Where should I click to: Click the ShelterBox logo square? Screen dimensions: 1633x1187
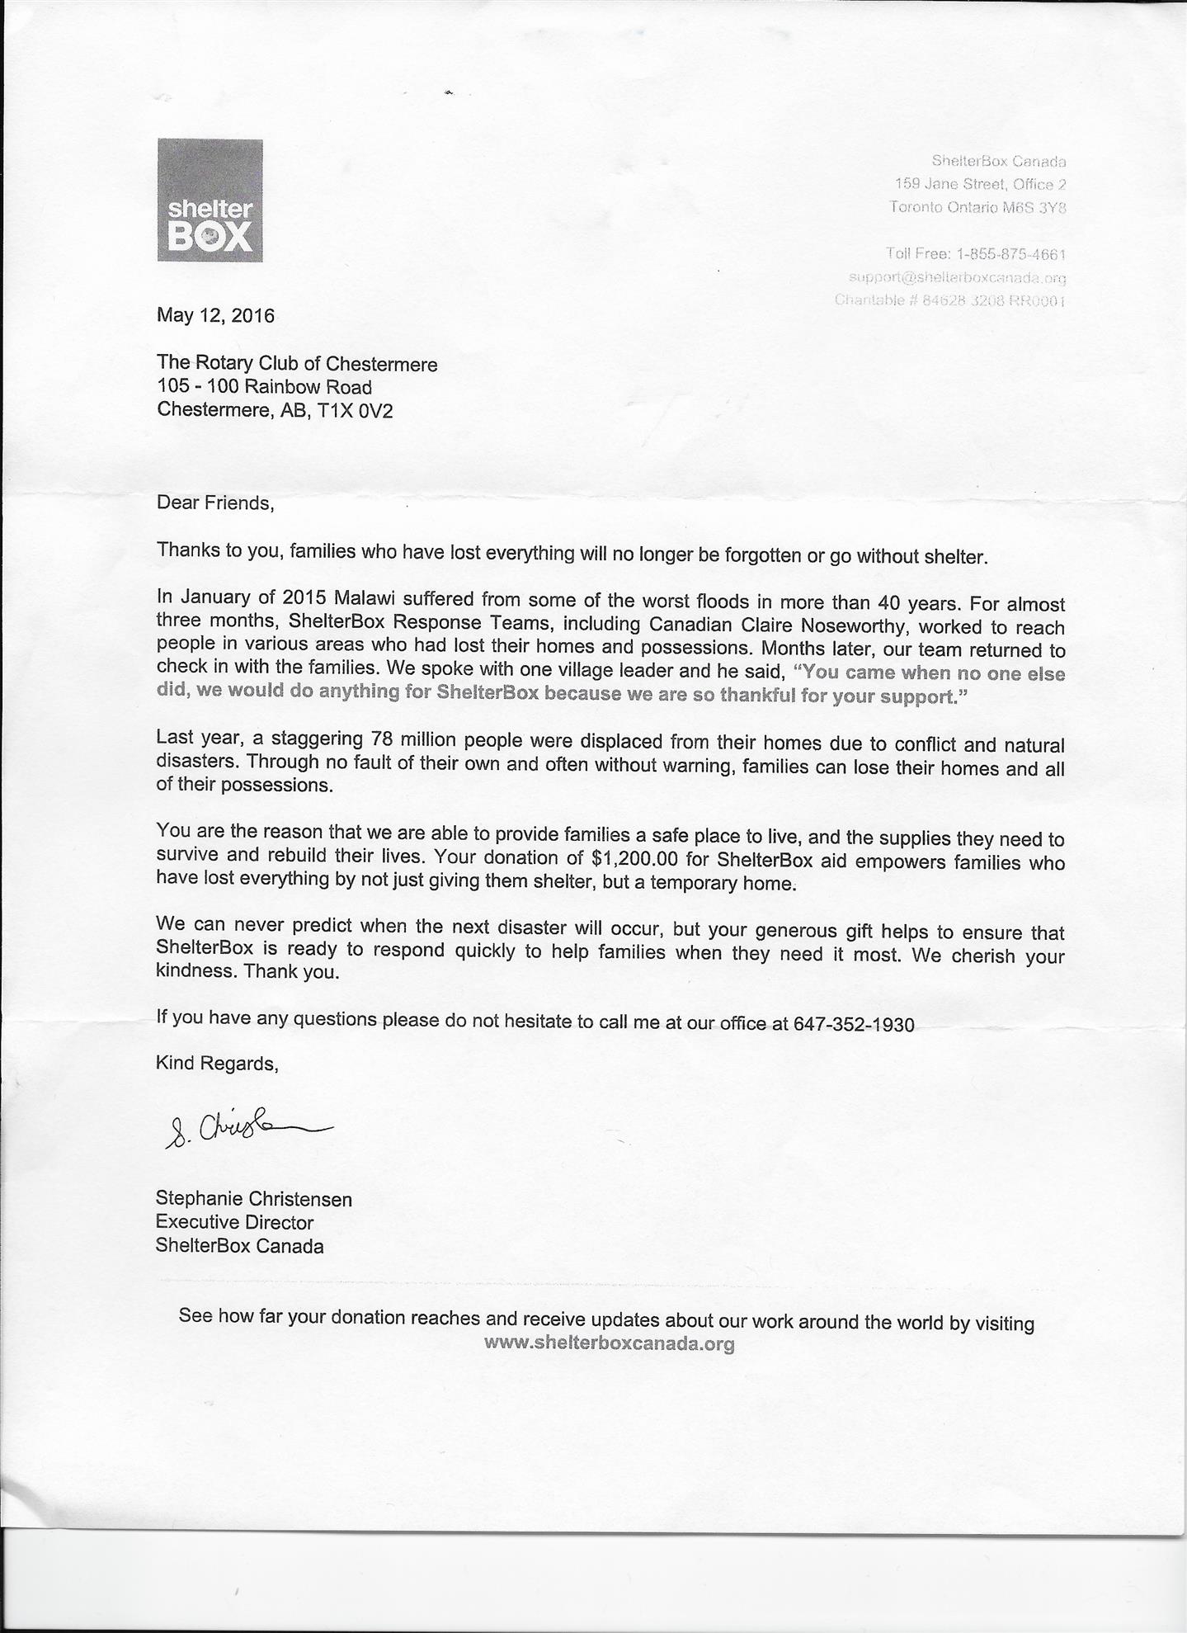[210, 201]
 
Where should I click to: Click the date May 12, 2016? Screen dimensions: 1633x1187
[215, 315]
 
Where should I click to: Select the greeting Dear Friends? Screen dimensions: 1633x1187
[214, 503]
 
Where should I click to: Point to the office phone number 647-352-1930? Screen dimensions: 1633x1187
[854, 1025]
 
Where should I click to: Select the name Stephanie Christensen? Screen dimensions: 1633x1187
[253, 1199]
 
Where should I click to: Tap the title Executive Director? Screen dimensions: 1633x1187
[234, 1222]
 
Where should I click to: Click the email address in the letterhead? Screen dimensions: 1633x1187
[958, 277]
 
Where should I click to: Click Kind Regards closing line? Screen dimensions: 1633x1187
[217, 1064]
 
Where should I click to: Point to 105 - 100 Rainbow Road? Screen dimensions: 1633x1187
[264, 387]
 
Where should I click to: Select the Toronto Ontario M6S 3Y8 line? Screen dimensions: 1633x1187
[977, 207]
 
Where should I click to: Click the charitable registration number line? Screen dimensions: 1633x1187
[950, 300]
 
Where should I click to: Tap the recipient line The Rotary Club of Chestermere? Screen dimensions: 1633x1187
[297, 364]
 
